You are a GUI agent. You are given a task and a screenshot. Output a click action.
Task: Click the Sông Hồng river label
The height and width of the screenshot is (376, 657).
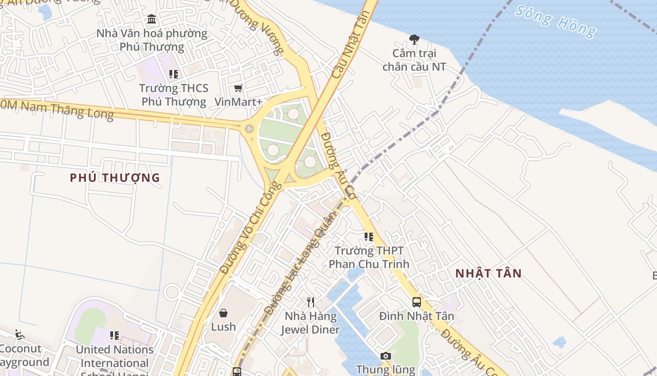(x=556, y=22)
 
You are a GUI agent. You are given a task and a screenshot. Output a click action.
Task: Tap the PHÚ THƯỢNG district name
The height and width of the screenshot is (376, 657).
(x=115, y=178)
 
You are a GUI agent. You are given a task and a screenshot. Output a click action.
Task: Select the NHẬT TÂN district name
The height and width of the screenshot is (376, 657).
(x=489, y=274)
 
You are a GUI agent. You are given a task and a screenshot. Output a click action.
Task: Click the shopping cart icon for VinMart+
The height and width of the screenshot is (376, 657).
(x=238, y=88)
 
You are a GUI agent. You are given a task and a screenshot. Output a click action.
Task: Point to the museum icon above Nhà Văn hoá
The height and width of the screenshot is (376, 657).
(x=152, y=19)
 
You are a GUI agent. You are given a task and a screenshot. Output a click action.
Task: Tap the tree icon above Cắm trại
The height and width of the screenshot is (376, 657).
(x=414, y=39)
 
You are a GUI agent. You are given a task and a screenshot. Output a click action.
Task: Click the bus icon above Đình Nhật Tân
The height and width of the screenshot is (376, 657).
(x=417, y=302)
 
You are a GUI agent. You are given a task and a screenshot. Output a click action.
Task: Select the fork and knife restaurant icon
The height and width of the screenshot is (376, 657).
(x=310, y=302)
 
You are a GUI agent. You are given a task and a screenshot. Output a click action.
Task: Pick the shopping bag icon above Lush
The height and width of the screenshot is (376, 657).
(x=223, y=313)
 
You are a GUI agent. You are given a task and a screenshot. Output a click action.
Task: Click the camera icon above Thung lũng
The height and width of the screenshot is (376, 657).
(x=386, y=356)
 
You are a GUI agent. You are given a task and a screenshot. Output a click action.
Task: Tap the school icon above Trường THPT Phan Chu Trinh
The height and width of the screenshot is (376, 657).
(x=369, y=236)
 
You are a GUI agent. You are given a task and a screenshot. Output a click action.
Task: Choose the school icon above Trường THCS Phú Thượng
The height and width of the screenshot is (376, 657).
(x=174, y=74)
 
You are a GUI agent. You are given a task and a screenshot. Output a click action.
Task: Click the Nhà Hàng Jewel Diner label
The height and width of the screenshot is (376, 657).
(x=310, y=322)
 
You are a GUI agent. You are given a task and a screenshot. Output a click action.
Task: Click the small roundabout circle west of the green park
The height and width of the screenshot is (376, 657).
(x=249, y=128)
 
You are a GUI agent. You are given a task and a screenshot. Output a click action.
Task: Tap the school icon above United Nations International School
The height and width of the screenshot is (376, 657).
(x=114, y=336)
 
